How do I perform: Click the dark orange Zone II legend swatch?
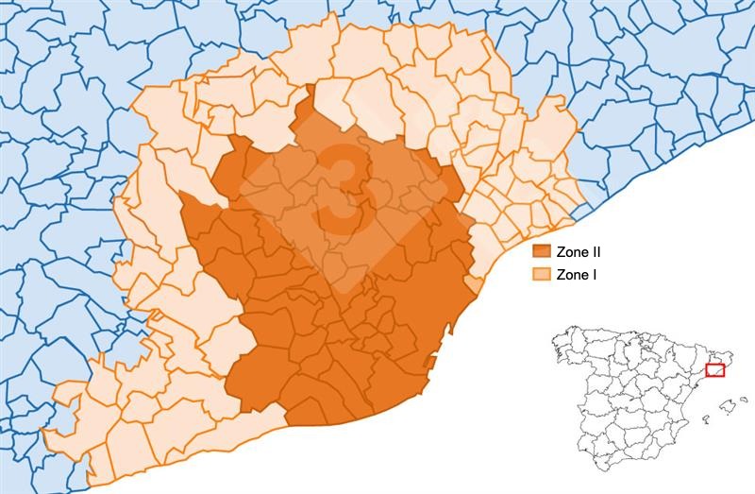pyautogui.click(x=541, y=252)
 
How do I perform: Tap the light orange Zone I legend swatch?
pyautogui.click(x=541, y=275)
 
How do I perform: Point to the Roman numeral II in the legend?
pyautogui.click(x=595, y=252)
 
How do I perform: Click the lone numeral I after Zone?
pyautogui.click(x=593, y=275)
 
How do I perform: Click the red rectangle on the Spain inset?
pyautogui.click(x=714, y=370)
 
